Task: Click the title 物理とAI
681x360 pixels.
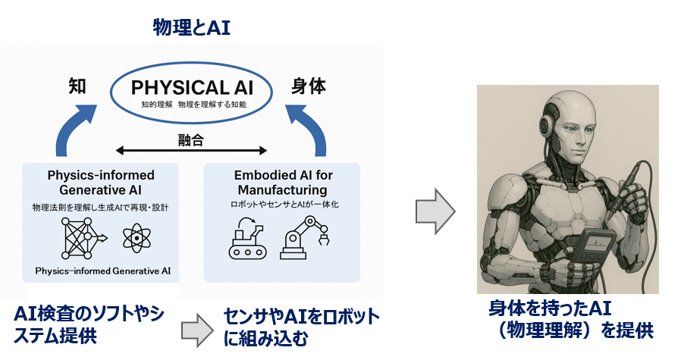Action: pyautogui.click(x=191, y=29)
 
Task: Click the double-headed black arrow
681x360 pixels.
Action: pyautogui.click(x=192, y=150)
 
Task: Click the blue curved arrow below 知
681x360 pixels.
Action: pyautogui.click(x=75, y=130)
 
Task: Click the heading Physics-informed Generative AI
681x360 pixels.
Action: pyautogui.click(x=102, y=183)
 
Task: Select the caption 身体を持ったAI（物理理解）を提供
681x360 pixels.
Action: pyautogui.click(x=571, y=319)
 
